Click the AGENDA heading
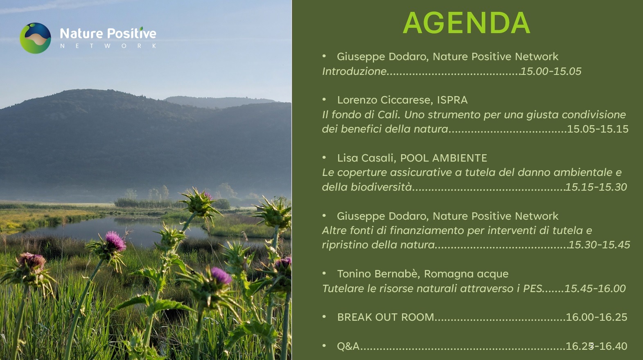467,23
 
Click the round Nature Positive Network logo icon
35,38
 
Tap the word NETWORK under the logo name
108,46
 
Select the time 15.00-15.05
551,72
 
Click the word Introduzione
354,72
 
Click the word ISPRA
452,100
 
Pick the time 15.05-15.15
598,129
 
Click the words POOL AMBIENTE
444,158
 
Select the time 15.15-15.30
596,187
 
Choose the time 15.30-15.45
599,245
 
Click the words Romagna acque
466,274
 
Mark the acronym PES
532,289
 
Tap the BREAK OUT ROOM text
386,317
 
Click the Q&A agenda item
348,346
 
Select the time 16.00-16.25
596,317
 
